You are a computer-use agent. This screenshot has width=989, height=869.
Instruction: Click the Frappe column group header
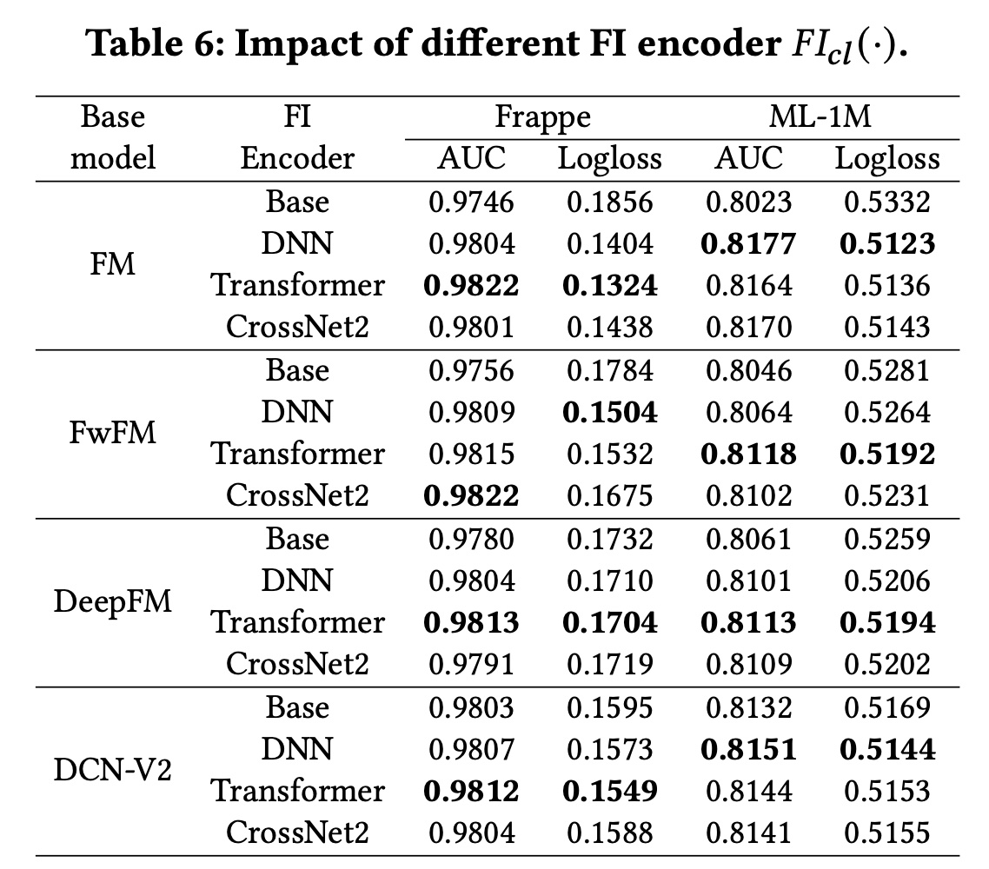coord(543,117)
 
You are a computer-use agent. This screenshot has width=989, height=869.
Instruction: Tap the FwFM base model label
coord(113,433)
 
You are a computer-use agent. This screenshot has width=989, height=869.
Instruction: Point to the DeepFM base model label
coord(113,601)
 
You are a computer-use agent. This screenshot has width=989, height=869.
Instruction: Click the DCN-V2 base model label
coord(113,770)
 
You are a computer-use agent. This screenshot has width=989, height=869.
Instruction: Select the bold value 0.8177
coord(749,243)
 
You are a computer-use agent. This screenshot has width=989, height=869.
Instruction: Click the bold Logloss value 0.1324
coord(610,286)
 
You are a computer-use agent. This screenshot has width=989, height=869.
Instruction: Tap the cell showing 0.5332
coord(887,202)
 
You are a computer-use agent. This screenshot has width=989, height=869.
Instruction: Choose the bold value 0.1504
coord(610,412)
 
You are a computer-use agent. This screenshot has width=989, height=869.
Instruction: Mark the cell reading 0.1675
coord(610,496)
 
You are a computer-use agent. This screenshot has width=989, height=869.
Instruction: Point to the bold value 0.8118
coord(749,454)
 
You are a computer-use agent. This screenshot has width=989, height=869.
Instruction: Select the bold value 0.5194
coord(887,622)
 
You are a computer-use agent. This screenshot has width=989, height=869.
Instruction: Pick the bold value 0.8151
coord(749,749)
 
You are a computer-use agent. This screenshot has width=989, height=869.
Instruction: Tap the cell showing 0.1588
coord(610,833)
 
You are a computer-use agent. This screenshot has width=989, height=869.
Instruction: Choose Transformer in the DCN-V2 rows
coord(298,791)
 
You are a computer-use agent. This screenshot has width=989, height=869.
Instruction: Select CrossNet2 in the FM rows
coord(298,328)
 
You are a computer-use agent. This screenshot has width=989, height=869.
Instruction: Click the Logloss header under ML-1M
coord(887,159)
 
